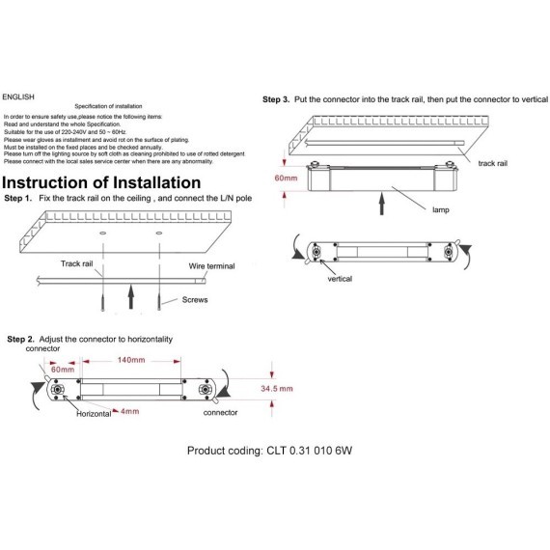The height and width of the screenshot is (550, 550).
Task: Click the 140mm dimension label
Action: tap(131, 360)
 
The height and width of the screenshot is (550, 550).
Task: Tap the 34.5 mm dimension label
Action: tap(277, 388)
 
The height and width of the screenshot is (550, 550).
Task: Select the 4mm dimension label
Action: tap(130, 411)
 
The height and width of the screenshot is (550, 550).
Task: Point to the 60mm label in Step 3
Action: tap(286, 178)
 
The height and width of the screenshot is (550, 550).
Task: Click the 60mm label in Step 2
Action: tap(63, 370)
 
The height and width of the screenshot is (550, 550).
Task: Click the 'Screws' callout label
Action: tap(195, 299)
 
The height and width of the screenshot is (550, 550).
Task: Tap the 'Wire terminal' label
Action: tap(211, 266)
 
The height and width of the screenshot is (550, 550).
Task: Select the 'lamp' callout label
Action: tap(441, 209)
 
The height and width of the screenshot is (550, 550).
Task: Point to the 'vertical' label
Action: tap(340, 279)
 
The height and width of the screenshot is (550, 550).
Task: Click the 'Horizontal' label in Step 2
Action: tap(94, 414)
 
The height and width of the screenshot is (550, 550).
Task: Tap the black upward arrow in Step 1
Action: tap(131, 297)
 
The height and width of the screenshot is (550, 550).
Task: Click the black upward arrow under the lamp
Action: tap(382, 204)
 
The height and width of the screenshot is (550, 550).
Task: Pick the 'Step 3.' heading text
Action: tap(276, 99)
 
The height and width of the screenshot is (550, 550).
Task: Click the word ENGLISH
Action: tap(18, 96)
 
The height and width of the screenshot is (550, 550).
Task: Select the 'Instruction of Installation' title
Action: tap(101, 182)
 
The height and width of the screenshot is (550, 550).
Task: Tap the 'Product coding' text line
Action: tap(269, 451)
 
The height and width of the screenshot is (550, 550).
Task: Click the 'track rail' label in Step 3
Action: tap(492, 163)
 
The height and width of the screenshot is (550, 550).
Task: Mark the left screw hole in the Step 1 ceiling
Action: tap(103, 233)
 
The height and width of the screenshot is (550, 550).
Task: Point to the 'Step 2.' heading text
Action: tap(20, 340)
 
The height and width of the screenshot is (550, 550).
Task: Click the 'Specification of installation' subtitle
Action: tap(108, 106)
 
